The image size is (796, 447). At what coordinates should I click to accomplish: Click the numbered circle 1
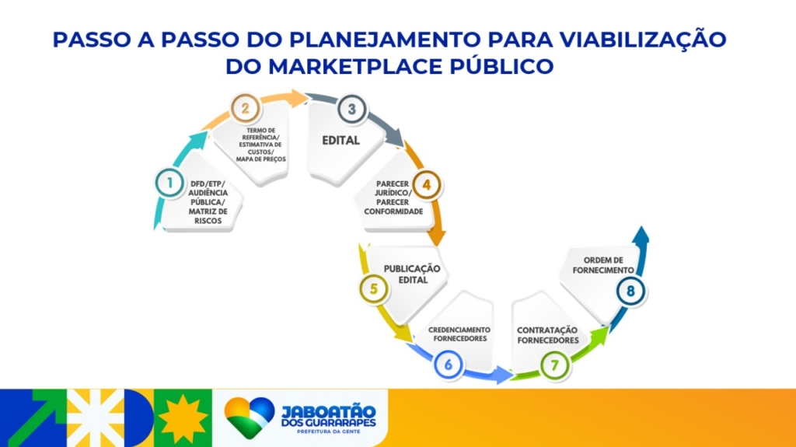click(x=170, y=183)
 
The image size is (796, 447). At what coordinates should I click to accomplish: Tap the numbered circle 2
click(x=246, y=108)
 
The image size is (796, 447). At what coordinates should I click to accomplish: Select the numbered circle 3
click(x=352, y=109)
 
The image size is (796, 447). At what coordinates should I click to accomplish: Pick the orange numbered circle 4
click(x=427, y=185)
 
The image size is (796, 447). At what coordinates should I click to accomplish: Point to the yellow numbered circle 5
click(x=374, y=289)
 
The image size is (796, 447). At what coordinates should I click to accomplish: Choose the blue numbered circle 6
click(x=449, y=364)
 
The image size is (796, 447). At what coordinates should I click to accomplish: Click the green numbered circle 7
click(x=554, y=365)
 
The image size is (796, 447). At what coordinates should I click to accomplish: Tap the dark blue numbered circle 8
click(x=630, y=291)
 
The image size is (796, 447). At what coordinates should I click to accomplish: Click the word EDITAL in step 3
click(x=340, y=140)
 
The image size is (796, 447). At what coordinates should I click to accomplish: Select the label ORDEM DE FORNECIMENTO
click(x=603, y=265)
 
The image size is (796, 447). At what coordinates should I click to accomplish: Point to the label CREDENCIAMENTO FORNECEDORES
click(x=459, y=334)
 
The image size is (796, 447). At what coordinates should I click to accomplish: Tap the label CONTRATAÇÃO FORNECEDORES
click(x=548, y=335)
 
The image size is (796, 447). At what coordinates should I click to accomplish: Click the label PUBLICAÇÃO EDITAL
click(x=412, y=274)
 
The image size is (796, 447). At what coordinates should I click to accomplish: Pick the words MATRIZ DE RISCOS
click(x=208, y=216)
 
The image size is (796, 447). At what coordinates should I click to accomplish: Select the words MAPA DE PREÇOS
click(x=261, y=159)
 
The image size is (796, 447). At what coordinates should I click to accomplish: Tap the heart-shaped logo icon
click(x=250, y=417)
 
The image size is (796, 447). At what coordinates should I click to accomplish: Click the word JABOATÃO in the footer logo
click(x=329, y=411)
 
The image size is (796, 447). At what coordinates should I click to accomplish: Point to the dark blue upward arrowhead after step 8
click(x=641, y=235)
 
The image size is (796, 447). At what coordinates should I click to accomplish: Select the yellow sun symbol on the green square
click(x=183, y=418)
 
